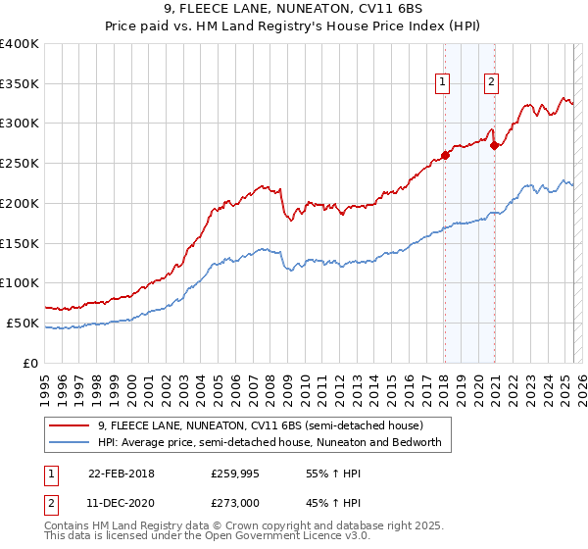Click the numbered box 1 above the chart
[x=444, y=82]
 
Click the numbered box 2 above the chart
[x=491, y=82]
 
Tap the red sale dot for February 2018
[x=445, y=154]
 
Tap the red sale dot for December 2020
[x=495, y=146]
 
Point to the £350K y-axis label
[x=20, y=83]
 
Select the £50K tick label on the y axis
[x=24, y=323]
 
